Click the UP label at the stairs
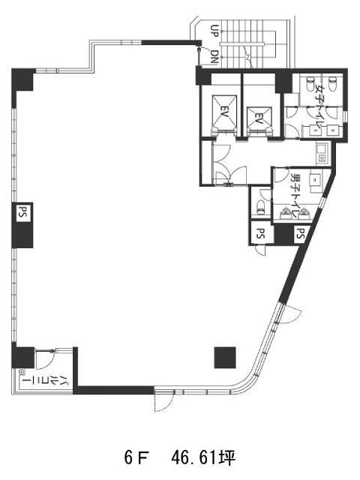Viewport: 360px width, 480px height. tap(214, 31)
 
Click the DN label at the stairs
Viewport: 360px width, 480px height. tap(215, 57)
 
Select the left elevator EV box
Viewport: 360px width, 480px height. tap(225, 112)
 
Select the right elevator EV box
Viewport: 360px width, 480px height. tap(259, 118)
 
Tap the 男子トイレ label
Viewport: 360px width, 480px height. tap(295, 195)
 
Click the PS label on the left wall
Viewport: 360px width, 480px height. tap(22, 211)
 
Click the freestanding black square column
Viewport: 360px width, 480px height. tap(225, 357)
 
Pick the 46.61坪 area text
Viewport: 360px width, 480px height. tap(203, 458)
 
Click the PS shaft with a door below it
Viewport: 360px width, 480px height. tap(260, 233)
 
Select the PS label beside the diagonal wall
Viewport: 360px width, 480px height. tap(301, 233)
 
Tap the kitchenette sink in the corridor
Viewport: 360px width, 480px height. tap(322, 154)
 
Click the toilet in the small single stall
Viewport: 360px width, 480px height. tap(261, 208)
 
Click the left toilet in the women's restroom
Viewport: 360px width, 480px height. tap(310, 83)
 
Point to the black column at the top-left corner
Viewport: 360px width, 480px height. tap(22, 79)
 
